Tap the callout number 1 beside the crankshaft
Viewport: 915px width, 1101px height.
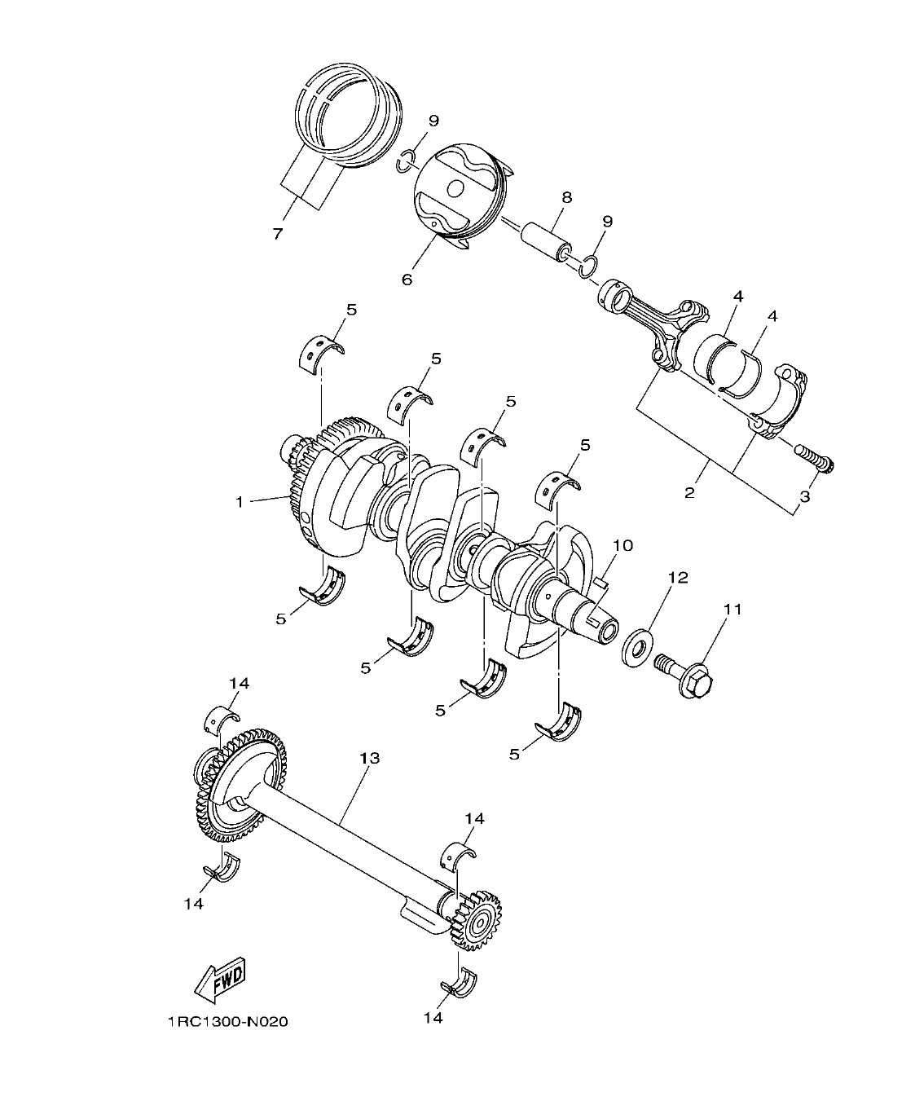240,503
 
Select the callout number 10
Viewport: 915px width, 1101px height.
623,545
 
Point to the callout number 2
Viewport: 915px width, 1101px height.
689,493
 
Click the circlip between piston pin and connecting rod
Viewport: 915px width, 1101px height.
588,266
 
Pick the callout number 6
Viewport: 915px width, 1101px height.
407,280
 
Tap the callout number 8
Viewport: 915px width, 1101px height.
566,197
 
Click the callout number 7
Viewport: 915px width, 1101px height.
277,234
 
